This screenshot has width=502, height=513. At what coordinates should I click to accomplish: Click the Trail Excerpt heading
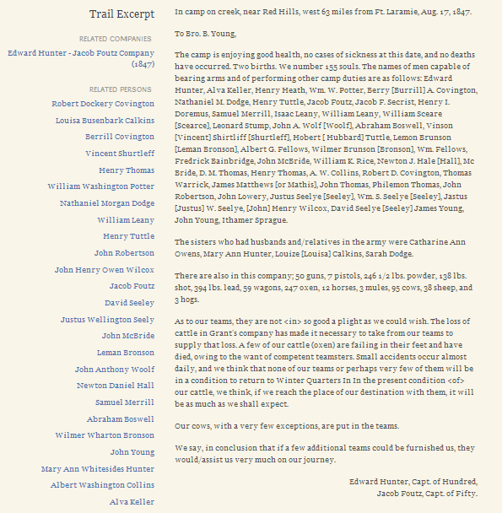[x=121, y=14]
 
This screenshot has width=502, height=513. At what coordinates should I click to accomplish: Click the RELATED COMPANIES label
[x=116, y=39]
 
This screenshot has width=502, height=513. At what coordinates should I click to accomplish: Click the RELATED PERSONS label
[x=121, y=89]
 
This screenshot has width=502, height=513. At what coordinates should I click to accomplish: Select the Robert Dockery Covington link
[x=103, y=104]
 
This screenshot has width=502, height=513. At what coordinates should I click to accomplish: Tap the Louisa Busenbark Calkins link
[x=105, y=120]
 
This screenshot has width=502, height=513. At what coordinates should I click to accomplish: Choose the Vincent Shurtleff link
[x=120, y=154]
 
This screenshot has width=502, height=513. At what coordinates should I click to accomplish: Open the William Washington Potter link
[x=101, y=186]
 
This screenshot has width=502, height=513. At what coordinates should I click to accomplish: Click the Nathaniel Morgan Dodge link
[x=107, y=203]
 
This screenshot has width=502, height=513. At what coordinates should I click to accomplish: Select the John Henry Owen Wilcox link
[x=105, y=269]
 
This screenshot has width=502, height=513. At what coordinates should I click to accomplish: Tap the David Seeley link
[x=129, y=302]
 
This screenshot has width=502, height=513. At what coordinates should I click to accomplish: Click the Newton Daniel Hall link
[x=116, y=385]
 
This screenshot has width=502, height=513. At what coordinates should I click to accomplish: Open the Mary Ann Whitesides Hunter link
[x=98, y=468]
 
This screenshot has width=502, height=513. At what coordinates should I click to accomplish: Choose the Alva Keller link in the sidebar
[x=132, y=501]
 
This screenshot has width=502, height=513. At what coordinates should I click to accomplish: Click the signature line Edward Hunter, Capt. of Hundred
[x=413, y=482]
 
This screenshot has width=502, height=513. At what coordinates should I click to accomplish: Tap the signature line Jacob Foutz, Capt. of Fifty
[x=427, y=493]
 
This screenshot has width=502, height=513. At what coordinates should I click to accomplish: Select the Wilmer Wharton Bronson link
[x=105, y=435]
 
